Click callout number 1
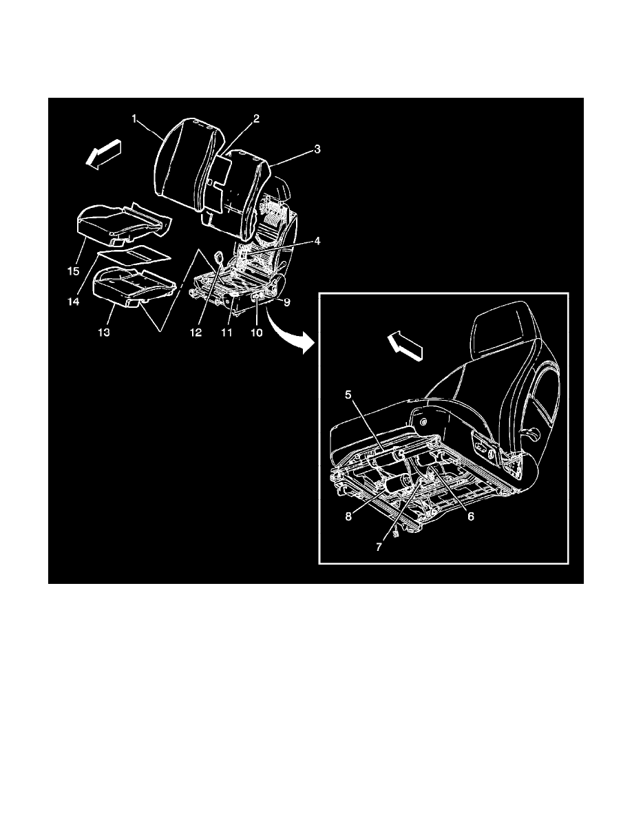(x=134, y=119)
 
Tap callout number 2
(x=257, y=118)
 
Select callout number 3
(x=317, y=149)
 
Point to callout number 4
(x=317, y=241)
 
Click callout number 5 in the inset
(x=348, y=395)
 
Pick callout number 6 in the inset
(x=470, y=516)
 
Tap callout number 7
(x=379, y=547)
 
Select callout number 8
(x=348, y=516)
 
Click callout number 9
(x=287, y=302)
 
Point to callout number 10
(x=257, y=333)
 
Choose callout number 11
(x=227, y=333)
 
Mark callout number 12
(x=196, y=333)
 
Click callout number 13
(x=104, y=333)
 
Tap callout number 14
(x=73, y=302)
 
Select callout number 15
(x=73, y=271)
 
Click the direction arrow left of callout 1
(x=104, y=154)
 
